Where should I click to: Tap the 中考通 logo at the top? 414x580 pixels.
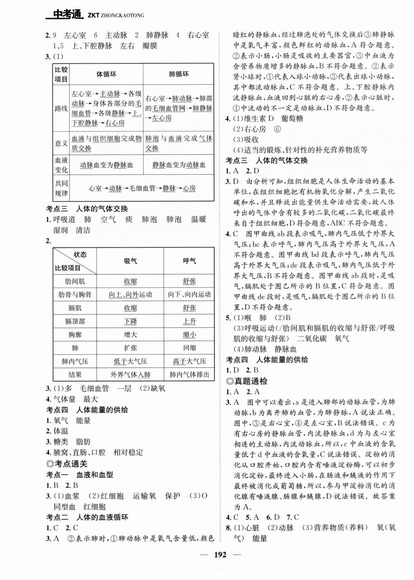(x=66, y=14)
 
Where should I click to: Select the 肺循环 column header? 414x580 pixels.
(x=179, y=74)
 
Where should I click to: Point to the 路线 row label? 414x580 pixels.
(x=61, y=108)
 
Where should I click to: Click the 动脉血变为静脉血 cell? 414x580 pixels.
(x=106, y=165)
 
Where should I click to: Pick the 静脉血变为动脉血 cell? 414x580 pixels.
(x=179, y=165)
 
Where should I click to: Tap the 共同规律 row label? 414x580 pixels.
(x=61, y=188)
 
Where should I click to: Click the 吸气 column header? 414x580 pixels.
(x=130, y=261)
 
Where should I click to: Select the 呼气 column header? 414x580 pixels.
(x=189, y=261)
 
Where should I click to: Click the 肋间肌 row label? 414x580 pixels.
(x=75, y=281)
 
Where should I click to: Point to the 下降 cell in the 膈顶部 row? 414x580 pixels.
(x=130, y=321)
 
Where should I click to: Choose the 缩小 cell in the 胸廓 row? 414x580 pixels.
(x=189, y=335)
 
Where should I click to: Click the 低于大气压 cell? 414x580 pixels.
(x=130, y=361)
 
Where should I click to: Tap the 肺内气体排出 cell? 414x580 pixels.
(x=189, y=375)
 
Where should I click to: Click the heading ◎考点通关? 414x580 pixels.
(x=67, y=464)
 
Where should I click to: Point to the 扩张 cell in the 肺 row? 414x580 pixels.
(x=130, y=348)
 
